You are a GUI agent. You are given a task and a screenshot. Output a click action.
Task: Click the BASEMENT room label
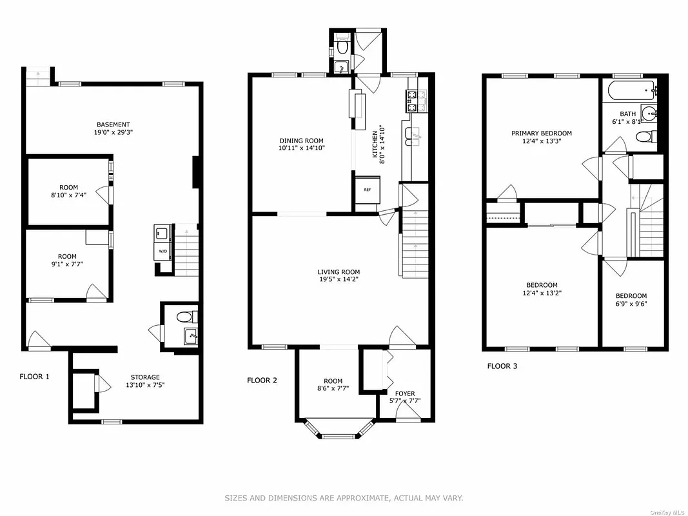point(113,124)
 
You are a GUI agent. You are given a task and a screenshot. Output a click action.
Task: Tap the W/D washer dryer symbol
point(162,252)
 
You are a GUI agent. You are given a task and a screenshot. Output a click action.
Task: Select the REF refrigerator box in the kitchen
point(367,190)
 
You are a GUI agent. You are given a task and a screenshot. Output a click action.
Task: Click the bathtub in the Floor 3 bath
point(629,90)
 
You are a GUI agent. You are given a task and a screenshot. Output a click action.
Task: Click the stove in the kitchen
point(416,98)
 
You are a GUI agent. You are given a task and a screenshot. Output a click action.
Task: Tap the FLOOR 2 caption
point(262,381)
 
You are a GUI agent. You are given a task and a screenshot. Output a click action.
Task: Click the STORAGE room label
point(144,377)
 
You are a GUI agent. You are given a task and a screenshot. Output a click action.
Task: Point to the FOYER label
point(405,393)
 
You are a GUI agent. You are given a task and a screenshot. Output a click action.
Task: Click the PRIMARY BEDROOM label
point(542,134)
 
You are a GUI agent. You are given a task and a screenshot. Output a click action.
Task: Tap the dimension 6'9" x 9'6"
point(631,305)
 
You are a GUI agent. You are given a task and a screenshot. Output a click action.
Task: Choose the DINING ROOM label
point(301,141)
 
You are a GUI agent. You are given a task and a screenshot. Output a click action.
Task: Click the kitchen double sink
point(413,134)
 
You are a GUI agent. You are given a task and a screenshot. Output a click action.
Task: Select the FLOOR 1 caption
point(34,376)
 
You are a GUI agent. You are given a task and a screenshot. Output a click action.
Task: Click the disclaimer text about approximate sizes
point(344,498)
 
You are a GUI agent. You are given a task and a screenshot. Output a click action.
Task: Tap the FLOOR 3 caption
point(502,366)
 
